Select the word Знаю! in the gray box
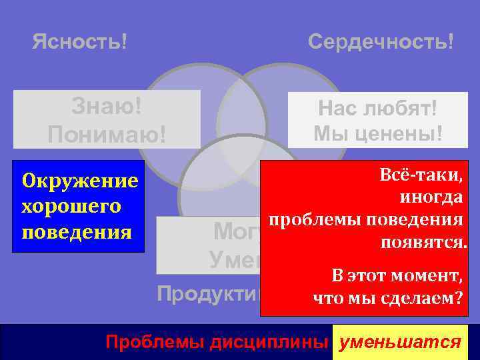(x=107, y=106)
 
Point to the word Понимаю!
(x=107, y=135)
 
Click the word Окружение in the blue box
(x=80, y=181)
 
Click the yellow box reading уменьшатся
(x=400, y=343)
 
